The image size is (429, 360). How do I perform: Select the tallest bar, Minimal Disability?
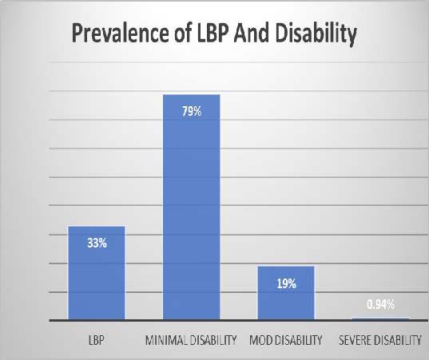[191, 208]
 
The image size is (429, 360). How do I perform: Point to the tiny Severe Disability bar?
[379, 318]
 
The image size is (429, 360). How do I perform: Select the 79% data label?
[191, 111]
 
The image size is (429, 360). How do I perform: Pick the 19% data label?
[286, 283]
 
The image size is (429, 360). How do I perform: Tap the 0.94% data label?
[380, 304]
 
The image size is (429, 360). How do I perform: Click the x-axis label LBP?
[97, 341]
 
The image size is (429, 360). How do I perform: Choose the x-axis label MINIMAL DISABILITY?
[191, 341]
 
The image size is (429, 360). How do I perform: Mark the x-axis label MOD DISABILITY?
[286, 341]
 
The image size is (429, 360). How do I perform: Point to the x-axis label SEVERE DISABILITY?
[380, 341]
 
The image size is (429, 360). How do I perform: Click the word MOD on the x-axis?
[260, 341]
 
